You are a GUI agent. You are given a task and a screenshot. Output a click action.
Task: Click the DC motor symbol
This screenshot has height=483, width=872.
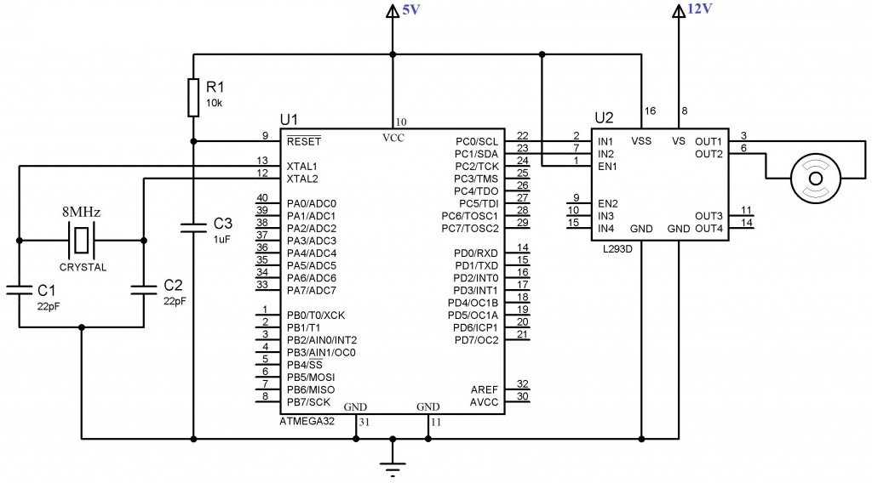pos(816,178)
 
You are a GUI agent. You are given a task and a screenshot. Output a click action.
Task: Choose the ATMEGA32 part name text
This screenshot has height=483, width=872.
pos(307,421)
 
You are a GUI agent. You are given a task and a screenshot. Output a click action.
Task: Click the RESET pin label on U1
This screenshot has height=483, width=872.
pos(304,141)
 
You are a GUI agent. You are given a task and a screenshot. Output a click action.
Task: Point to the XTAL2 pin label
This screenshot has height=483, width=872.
pos(302,179)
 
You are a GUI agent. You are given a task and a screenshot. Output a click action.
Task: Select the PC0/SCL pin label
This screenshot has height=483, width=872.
pos(477,141)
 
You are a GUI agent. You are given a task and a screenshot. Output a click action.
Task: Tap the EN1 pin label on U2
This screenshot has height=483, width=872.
pos(607,166)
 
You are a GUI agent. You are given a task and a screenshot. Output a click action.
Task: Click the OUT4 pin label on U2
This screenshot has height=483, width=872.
pos(708,229)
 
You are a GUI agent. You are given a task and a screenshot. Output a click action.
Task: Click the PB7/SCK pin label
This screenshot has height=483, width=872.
pos(308,401)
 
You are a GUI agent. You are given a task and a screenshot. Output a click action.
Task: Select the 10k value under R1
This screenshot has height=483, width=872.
pos(215,103)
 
